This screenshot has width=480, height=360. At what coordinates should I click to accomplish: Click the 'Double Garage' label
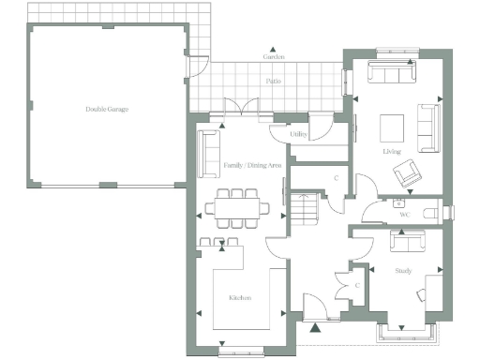(106, 109)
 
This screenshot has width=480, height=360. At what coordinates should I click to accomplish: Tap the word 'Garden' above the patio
(273, 57)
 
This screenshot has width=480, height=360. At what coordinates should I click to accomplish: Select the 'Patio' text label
(273, 82)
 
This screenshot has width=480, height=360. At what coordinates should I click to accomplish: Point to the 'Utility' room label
(299, 135)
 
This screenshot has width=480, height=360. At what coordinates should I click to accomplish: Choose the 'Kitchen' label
(240, 297)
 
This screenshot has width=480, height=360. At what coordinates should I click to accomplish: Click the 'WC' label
(405, 215)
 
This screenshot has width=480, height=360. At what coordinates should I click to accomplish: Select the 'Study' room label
(403, 271)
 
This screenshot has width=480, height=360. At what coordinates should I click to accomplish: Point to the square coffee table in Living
(392, 125)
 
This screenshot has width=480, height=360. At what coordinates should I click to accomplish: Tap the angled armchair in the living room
(407, 173)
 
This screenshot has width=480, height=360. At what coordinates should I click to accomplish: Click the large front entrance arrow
(315, 327)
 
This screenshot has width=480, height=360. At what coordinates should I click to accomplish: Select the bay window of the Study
(404, 330)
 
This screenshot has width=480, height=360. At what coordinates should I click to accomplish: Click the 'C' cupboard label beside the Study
(356, 285)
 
